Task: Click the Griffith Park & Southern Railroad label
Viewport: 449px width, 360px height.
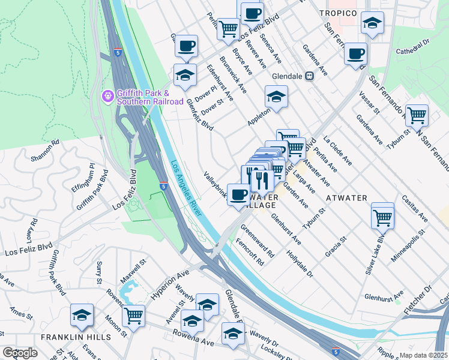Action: pos(150,97)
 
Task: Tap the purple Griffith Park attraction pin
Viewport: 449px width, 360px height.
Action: pos(108,95)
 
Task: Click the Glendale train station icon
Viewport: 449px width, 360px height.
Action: pos(310,76)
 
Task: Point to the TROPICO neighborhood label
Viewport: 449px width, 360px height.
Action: pos(338,13)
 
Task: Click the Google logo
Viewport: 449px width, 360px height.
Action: pos(20,353)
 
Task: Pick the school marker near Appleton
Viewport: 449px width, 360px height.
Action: pos(276,96)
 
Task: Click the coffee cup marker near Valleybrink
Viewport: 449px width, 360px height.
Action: pos(238,194)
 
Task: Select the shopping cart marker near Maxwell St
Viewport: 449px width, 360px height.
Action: pos(133,314)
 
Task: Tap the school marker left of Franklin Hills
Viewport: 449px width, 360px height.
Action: pos(82,314)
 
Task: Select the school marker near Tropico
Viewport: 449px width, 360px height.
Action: pos(372,23)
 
